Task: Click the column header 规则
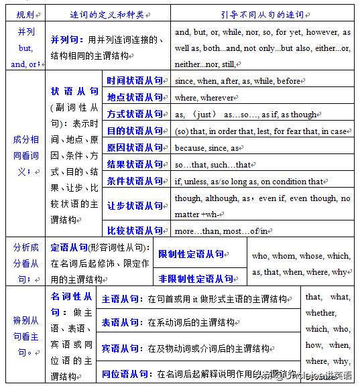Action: pos(25,13)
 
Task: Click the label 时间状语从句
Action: pos(135,80)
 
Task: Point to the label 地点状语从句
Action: pos(135,97)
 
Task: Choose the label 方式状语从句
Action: pos(135,114)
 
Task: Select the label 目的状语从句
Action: pos(135,131)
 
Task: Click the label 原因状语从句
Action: pos(135,147)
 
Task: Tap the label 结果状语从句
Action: pos(135,164)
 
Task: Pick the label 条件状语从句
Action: pos(135,181)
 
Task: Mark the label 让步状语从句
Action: pos(135,206)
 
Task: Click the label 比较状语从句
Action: pos(135,231)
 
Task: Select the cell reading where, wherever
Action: pos(204,98)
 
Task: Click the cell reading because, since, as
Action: pos(208,148)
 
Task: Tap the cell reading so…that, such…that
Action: pos(213,165)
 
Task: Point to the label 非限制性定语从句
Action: pos(196,278)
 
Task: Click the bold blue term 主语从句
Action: pos(121,299)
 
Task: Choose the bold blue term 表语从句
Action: pos(121,322)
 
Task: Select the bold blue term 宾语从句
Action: pos(121,348)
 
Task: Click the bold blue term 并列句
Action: pos(64,40)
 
